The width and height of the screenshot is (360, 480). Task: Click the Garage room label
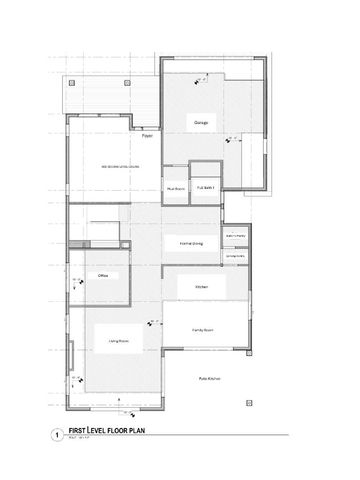pos(199,123)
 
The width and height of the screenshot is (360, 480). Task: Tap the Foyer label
pos(146,136)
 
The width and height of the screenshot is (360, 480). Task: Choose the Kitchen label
pos(201,286)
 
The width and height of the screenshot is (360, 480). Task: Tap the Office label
pos(102,274)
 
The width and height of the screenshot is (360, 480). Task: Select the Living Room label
pos(119,342)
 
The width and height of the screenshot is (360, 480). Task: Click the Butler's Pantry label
pos(236,236)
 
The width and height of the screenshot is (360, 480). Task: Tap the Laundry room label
pos(236,256)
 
